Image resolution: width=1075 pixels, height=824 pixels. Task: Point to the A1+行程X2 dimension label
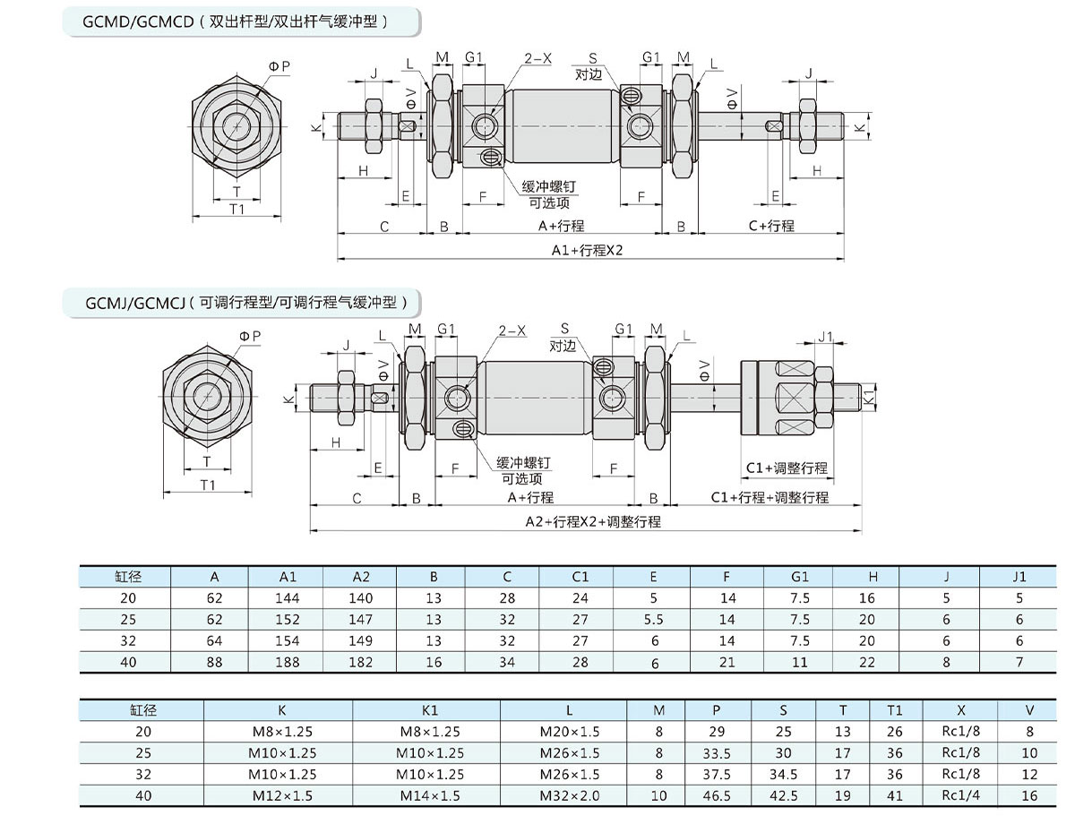point(587,251)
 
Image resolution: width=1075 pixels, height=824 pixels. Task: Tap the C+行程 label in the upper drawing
point(771,226)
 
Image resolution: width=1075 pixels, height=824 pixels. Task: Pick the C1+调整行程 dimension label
point(787,468)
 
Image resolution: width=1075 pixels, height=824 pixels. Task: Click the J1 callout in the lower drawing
point(825,337)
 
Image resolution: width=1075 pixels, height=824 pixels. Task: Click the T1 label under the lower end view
point(208,485)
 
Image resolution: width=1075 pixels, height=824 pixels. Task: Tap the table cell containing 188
point(288,663)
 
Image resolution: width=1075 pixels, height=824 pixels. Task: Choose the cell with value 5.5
point(653,620)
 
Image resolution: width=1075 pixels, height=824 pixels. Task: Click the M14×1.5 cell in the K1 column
point(430,795)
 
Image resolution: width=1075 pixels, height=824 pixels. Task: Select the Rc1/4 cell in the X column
point(960,795)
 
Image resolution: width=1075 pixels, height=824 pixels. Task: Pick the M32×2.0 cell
point(570,795)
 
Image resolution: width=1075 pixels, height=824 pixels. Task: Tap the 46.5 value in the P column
point(717,795)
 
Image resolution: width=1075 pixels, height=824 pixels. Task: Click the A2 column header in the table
point(361,577)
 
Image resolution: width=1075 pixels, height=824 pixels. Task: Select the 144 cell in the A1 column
point(288,598)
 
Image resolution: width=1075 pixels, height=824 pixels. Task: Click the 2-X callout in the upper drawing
point(538,58)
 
